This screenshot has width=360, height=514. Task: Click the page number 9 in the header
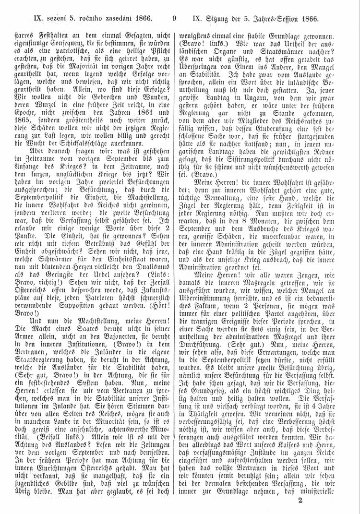(174, 19)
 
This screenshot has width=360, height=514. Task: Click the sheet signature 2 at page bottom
(300, 501)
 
